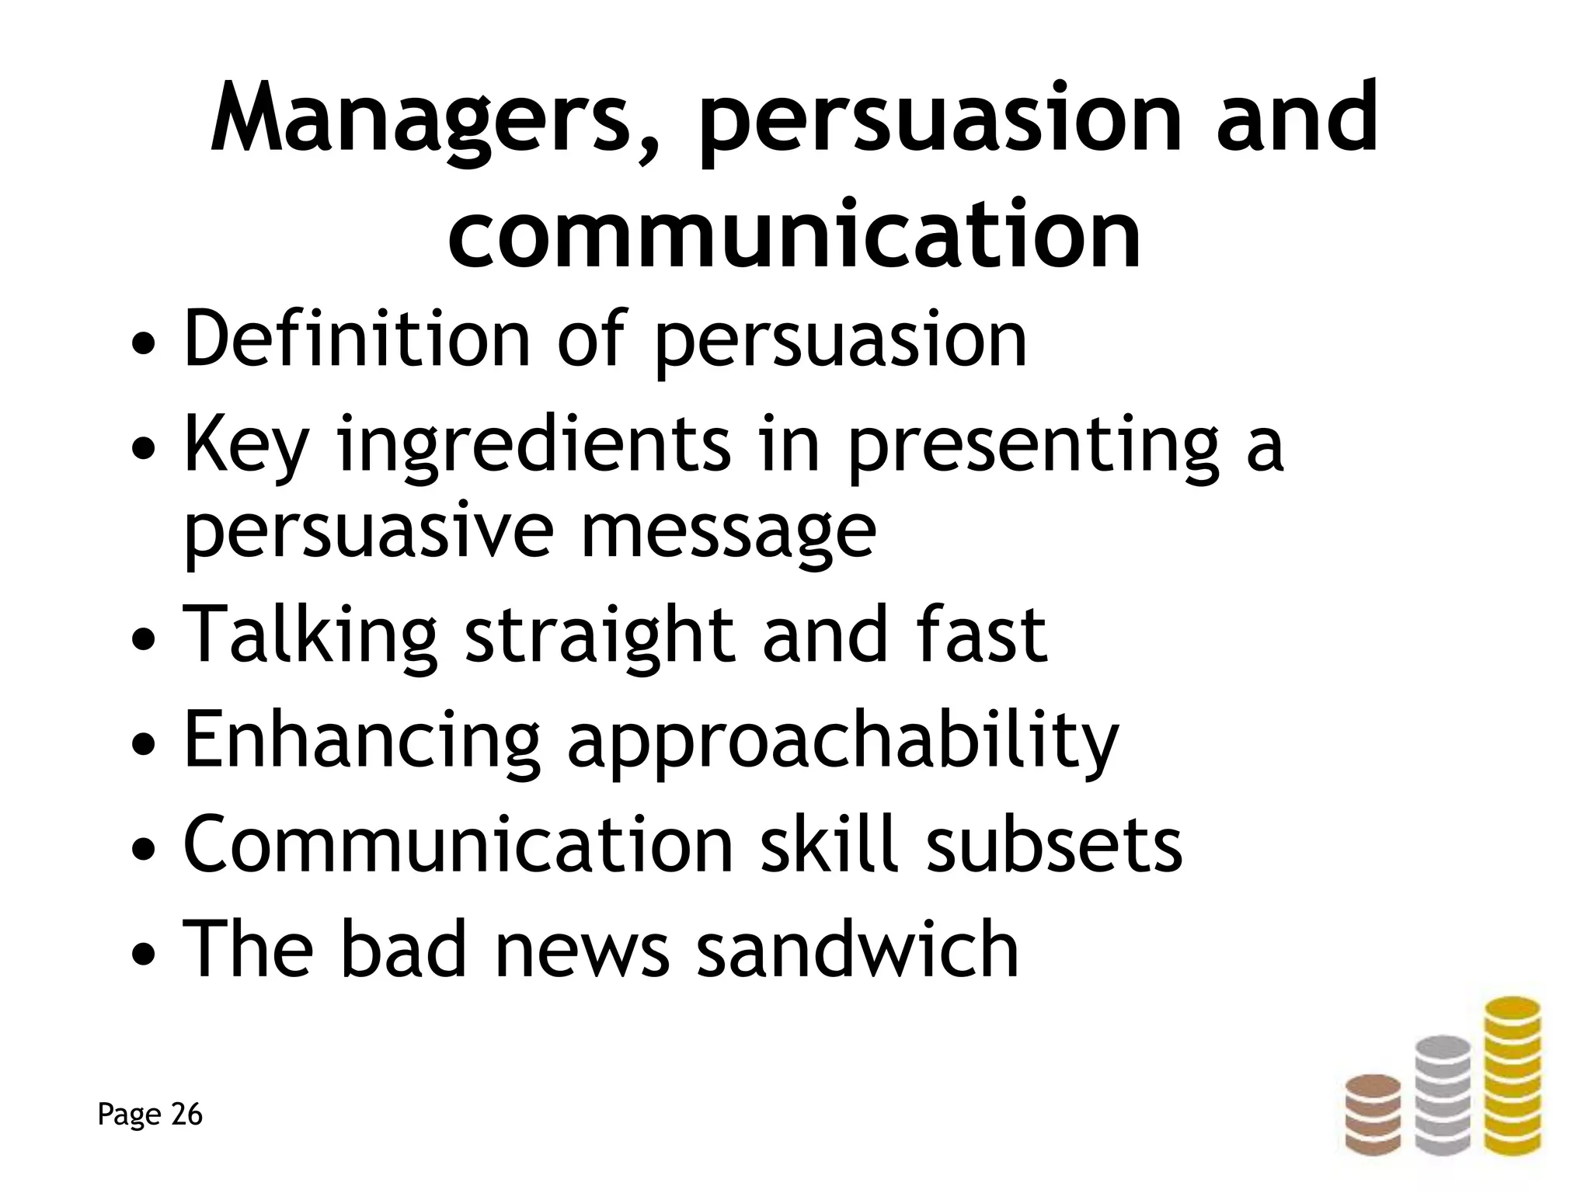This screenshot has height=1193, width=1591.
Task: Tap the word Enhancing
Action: (x=361, y=742)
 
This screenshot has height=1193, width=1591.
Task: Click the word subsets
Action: (x=1054, y=844)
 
